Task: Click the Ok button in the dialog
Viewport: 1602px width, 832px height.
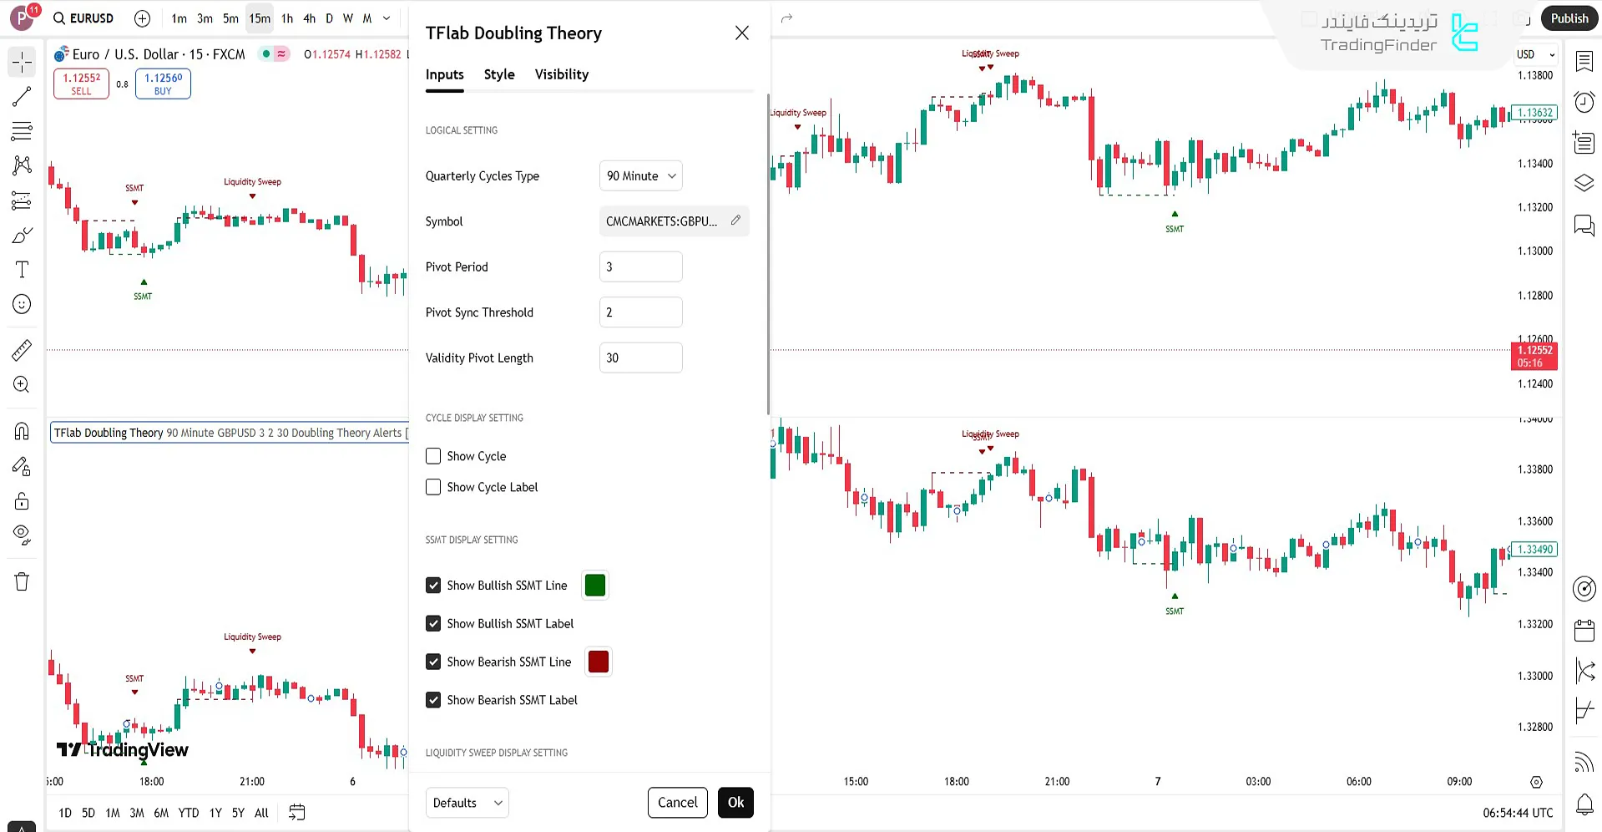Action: (x=735, y=803)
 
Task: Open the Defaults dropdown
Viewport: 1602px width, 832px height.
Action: (x=467, y=803)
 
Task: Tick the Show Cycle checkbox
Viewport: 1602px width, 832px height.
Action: (x=433, y=456)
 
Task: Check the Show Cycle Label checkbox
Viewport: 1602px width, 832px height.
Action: (x=433, y=487)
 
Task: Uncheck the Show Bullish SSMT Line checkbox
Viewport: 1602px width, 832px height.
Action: (x=433, y=586)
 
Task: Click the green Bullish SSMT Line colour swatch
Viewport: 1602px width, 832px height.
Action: (x=595, y=586)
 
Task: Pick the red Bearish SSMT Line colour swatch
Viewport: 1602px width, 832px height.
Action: (x=599, y=662)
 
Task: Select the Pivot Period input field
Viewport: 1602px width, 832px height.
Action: (x=640, y=267)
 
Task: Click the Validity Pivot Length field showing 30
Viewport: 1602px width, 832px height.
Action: (x=640, y=358)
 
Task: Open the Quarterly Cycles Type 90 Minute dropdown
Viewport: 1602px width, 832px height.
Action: (x=640, y=176)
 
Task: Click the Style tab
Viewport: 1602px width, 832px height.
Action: (x=499, y=74)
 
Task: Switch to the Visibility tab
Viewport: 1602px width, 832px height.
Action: (x=561, y=74)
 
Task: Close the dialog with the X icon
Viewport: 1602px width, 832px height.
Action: (x=741, y=33)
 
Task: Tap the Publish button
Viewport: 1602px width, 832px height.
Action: (x=1569, y=18)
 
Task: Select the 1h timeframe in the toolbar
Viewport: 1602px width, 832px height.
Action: (x=287, y=18)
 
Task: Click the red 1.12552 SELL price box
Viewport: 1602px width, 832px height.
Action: (x=81, y=84)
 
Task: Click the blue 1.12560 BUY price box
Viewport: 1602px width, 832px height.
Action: (x=163, y=84)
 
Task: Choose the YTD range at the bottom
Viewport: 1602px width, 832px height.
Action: (x=189, y=813)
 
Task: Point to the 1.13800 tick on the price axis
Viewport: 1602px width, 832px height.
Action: (x=1535, y=75)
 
